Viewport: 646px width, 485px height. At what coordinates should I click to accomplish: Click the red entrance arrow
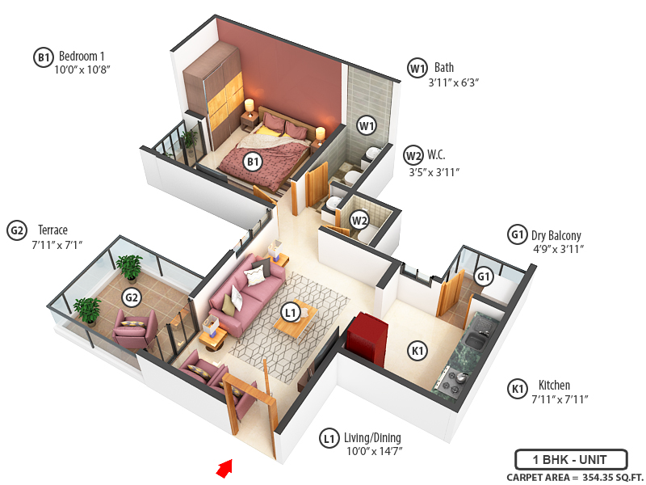pyautogui.click(x=225, y=467)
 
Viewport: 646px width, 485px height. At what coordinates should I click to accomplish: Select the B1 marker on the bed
pyautogui.click(x=254, y=162)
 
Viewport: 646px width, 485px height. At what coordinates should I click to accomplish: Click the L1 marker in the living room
pyautogui.click(x=290, y=311)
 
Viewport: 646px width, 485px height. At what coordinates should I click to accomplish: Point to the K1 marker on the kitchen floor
pyautogui.click(x=417, y=350)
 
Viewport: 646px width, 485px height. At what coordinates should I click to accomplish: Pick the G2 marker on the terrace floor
pyautogui.click(x=132, y=297)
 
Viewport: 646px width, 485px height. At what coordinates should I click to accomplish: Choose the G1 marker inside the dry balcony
pyautogui.click(x=484, y=276)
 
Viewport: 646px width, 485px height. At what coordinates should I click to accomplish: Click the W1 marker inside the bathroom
pyautogui.click(x=367, y=126)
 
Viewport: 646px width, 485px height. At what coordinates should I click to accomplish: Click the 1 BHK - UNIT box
pyautogui.click(x=571, y=458)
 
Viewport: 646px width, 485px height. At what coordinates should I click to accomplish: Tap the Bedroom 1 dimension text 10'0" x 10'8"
pyautogui.click(x=82, y=70)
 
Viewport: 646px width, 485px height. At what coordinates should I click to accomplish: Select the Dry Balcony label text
pyautogui.click(x=556, y=235)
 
